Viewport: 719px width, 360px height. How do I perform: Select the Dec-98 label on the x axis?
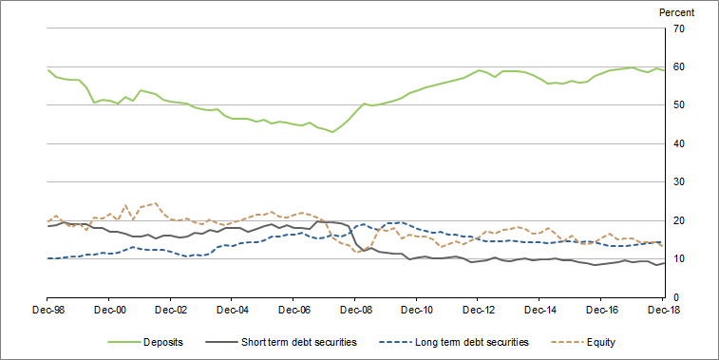48,311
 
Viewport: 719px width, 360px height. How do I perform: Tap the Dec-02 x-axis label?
171,311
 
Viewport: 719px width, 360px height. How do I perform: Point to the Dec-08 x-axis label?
355,311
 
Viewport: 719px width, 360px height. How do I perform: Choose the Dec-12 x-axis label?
479,311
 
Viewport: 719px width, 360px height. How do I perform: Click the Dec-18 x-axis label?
663,311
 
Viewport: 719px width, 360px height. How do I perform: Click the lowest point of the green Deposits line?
331,132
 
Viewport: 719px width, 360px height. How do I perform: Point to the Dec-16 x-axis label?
601,311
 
